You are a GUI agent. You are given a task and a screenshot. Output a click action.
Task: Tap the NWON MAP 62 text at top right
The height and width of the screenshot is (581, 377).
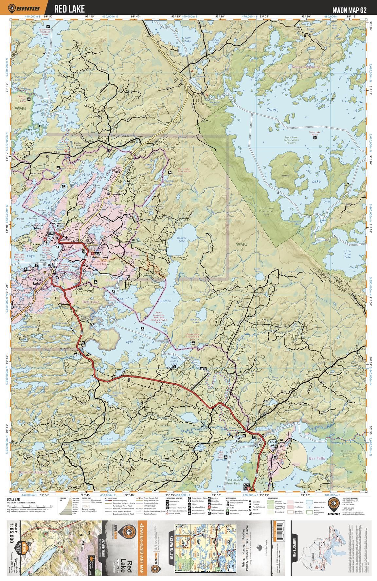coord(349,10)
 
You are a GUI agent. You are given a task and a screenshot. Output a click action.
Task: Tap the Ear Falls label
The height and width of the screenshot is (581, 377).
coord(316,458)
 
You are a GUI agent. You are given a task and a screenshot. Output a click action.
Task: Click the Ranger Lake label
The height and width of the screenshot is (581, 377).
coord(181,239)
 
